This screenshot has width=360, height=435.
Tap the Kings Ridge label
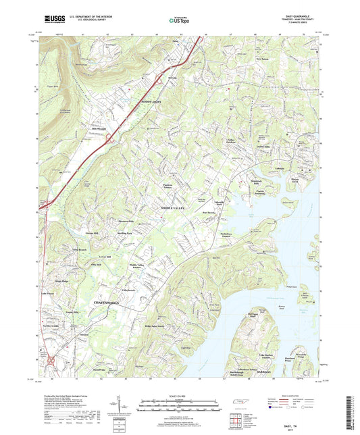[61, 279]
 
